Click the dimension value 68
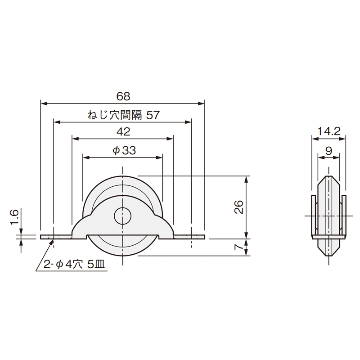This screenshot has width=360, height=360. point(123,96)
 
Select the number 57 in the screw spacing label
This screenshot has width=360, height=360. point(153,115)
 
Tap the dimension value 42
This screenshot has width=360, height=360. point(123,132)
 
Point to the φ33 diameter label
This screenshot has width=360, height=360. point(124,150)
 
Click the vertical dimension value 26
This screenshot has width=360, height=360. point(239,207)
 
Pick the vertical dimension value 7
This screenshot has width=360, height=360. point(239,247)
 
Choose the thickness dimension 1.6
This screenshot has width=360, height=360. point(14,217)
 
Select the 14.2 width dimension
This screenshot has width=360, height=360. point(329,131)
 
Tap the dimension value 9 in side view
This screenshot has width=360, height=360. point(329,151)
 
